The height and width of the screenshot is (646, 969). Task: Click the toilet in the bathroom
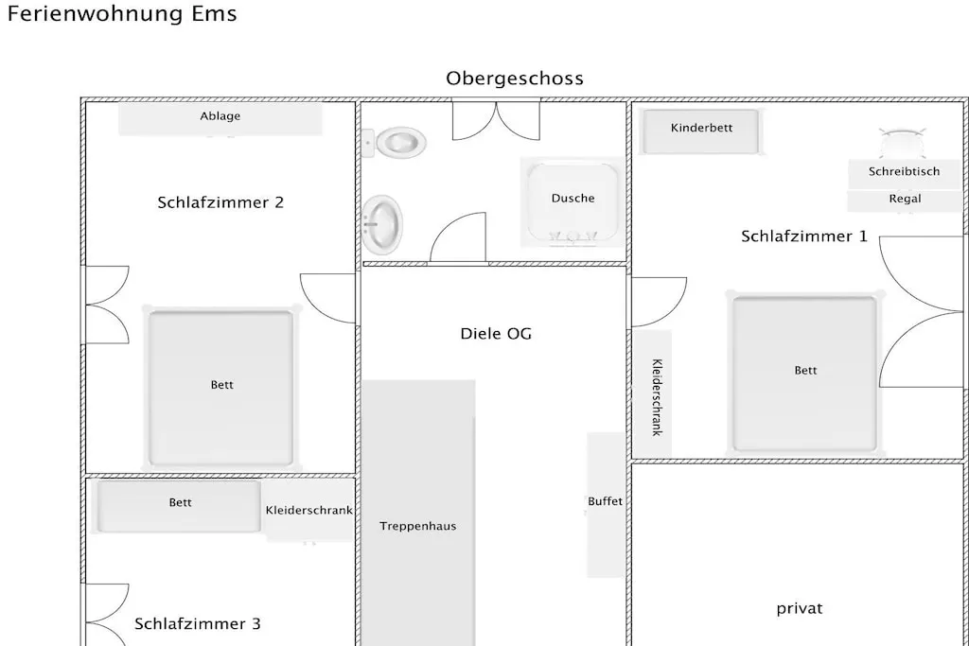point(395,143)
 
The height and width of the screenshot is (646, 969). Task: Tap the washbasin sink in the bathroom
point(382,225)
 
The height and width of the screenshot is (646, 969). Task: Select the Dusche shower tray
point(573,202)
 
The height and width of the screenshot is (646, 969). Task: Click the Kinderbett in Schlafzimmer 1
point(701,131)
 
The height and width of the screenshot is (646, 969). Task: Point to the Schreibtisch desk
point(904,172)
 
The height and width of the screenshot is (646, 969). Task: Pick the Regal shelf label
point(905,199)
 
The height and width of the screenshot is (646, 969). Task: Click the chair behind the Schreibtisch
point(902,143)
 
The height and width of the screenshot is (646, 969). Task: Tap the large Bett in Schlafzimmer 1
point(804,374)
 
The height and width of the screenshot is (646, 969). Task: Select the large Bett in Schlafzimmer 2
point(220,387)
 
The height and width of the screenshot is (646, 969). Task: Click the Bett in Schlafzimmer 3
point(179,506)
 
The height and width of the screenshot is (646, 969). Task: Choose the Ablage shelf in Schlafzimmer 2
point(220,118)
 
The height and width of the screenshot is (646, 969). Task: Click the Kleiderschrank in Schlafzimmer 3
point(309,510)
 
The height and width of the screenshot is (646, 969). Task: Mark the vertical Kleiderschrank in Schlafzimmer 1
point(652,394)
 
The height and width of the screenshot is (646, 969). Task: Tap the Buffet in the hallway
point(605,504)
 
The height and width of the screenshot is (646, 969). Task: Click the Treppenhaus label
point(417,526)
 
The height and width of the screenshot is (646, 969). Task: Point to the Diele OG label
point(496,334)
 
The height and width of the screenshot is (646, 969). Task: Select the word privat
point(799,609)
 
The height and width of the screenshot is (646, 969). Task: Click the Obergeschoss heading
point(515,79)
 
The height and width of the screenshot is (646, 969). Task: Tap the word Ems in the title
point(214,13)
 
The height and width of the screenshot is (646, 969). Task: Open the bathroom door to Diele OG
point(458,237)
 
